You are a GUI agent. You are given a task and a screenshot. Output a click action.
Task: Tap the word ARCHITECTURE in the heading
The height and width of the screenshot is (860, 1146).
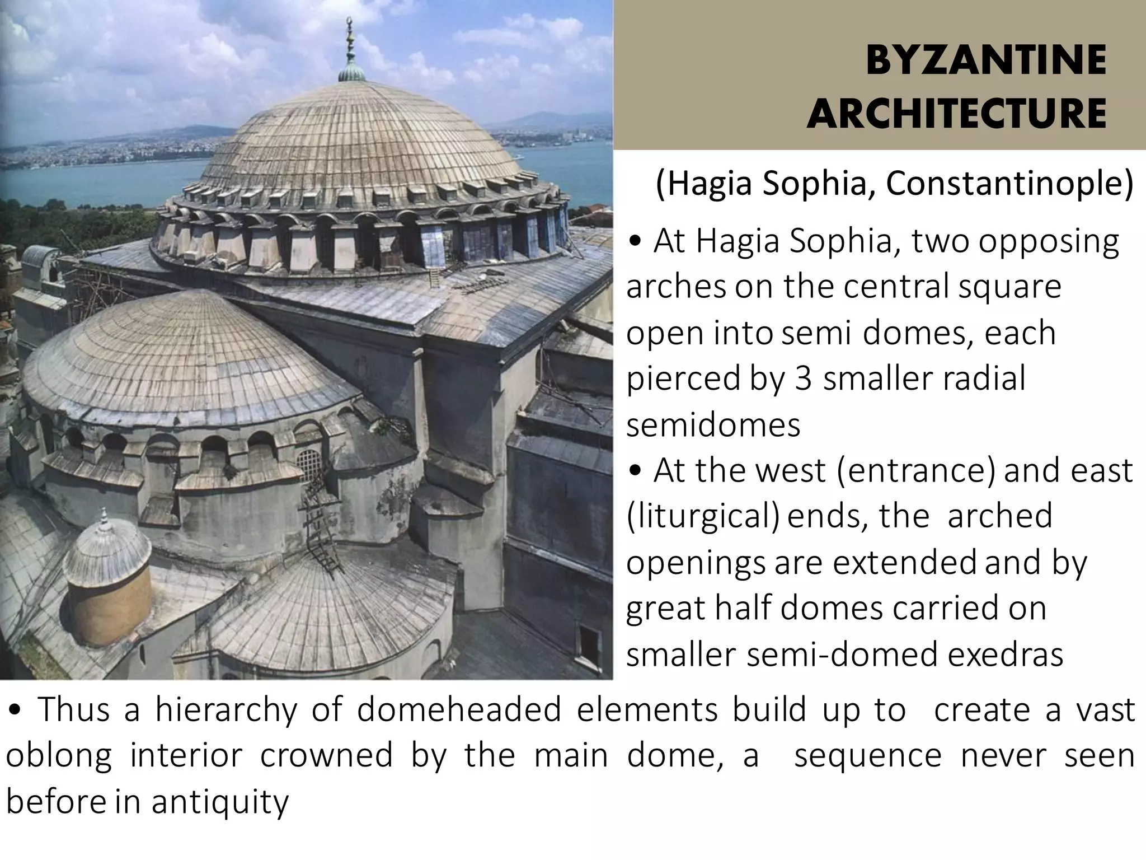point(956,114)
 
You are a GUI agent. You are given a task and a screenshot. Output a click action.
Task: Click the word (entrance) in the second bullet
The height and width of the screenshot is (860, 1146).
point(917,470)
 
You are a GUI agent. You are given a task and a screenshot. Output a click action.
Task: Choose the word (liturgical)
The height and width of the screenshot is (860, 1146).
point(703,516)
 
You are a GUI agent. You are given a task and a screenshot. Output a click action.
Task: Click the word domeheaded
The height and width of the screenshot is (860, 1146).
point(459,710)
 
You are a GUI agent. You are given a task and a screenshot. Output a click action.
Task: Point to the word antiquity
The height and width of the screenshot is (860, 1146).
point(219,802)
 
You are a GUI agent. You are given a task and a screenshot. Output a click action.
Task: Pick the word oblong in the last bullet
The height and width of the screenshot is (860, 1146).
point(59,756)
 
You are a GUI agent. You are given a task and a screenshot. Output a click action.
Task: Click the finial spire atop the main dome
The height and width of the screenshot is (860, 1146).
point(351,50)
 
